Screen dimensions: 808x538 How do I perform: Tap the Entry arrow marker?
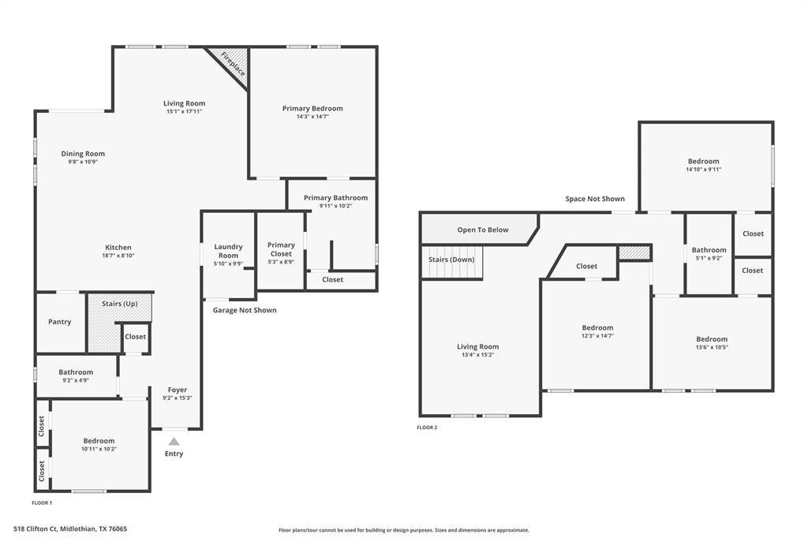(x=174, y=442)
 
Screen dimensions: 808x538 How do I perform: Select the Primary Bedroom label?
(x=312, y=108)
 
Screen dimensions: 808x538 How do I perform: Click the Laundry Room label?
(x=228, y=251)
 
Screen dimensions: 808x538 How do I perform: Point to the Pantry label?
(x=60, y=322)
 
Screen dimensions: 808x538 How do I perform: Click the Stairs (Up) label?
(x=120, y=304)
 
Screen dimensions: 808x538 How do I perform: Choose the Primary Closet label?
(x=282, y=249)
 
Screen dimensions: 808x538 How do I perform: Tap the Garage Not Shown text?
(x=245, y=310)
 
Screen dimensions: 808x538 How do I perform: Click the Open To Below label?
(x=483, y=230)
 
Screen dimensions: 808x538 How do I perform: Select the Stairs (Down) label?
(x=451, y=260)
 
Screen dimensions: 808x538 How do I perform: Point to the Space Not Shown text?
(x=595, y=199)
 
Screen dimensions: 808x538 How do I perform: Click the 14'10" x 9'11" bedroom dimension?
(x=703, y=170)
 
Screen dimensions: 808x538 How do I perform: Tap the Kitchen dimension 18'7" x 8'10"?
(x=118, y=256)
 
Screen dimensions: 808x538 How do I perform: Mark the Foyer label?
(x=178, y=390)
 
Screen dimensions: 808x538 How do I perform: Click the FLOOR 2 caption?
(x=427, y=428)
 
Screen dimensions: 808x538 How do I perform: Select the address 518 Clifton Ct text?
(x=36, y=529)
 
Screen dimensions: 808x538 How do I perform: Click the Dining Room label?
(x=83, y=154)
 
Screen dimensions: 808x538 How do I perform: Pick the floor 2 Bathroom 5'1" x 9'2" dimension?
(x=709, y=258)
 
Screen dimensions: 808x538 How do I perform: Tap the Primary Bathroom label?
(x=336, y=197)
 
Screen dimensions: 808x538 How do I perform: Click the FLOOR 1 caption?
(x=43, y=503)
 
